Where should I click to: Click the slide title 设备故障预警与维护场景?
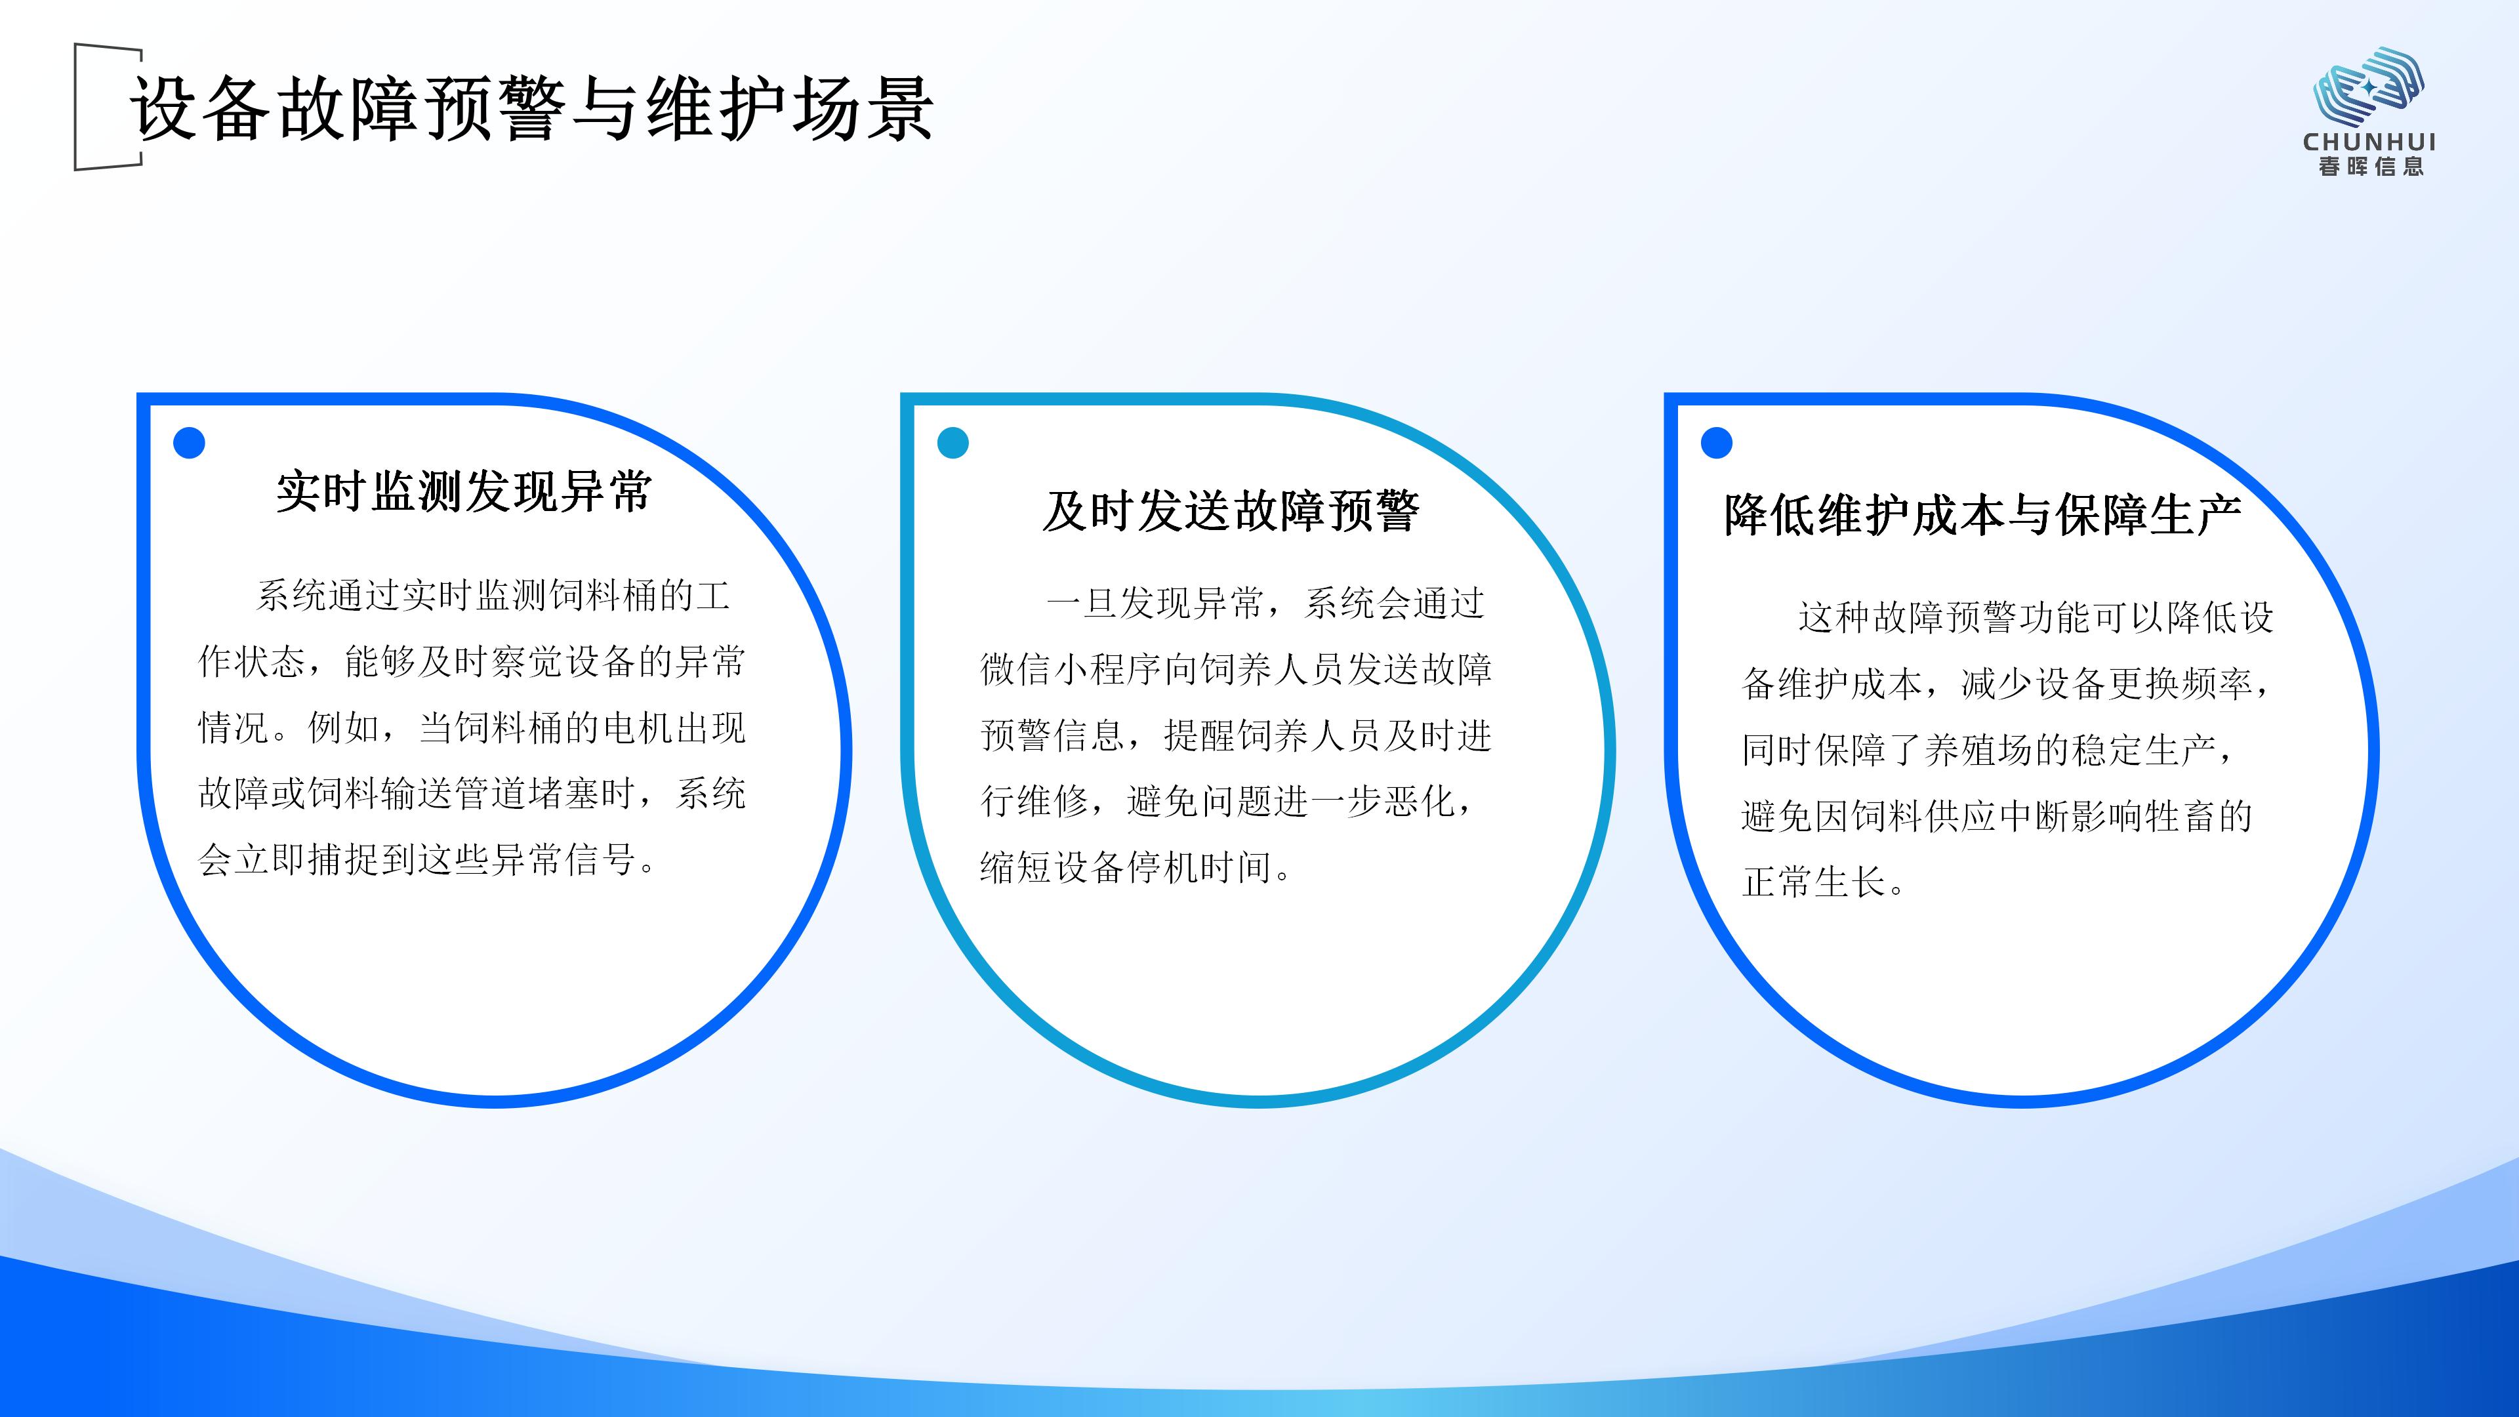click(532, 108)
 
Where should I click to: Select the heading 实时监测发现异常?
click(464, 491)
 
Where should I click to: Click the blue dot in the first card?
click(189, 443)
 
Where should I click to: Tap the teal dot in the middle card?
click(952, 443)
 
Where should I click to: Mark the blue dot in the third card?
click(1716, 443)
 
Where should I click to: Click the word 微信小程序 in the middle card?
click(1072, 670)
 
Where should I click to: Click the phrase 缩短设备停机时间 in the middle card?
click(1126, 867)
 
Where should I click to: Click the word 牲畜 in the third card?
click(2180, 815)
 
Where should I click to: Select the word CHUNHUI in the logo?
click(2369, 142)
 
